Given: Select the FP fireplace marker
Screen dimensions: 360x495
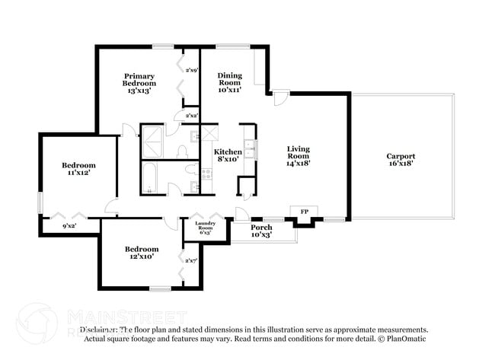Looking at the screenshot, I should tap(304, 211).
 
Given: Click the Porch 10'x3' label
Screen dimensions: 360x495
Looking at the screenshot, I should tap(261, 231).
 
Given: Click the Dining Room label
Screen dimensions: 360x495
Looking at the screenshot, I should tap(229, 82).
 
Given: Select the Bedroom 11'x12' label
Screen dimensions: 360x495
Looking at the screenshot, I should tap(78, 170).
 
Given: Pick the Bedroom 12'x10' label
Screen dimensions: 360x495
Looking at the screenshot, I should tap(142, 253).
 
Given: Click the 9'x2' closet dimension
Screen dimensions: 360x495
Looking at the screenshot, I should tap(69, 225).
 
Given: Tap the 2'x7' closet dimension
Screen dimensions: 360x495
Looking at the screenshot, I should tap(190, 261).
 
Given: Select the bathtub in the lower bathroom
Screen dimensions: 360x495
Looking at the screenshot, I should tap(150, 177).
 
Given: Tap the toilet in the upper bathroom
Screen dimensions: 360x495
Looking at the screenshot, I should tap(184, 151).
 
